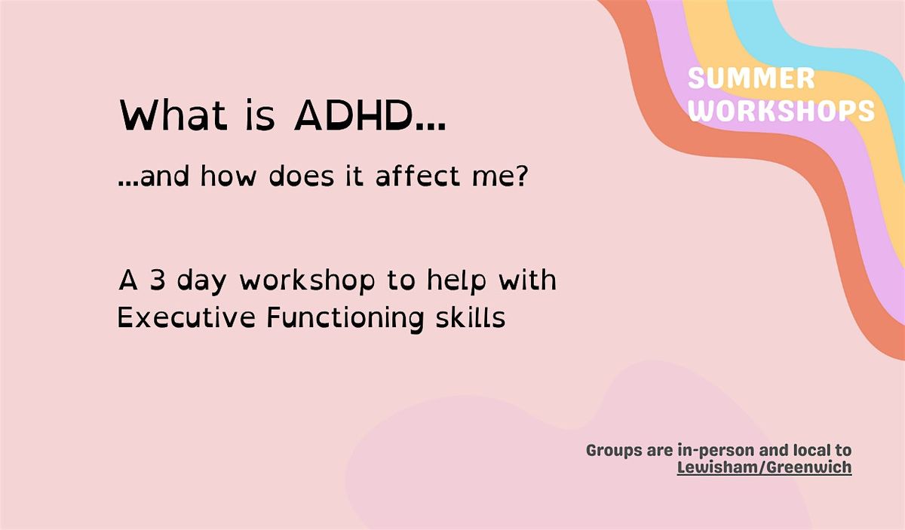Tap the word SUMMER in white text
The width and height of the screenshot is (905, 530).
tap(751, 78)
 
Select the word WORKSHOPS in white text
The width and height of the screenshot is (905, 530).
tap(782, 111)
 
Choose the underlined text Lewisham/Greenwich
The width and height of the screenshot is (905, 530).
tap(764, 467)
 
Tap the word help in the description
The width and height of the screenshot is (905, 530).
tap(454, 280)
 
